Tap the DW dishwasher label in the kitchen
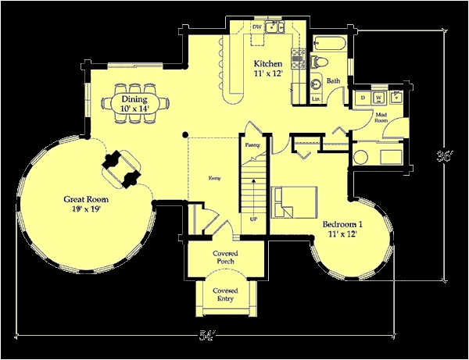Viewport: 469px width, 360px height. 256,27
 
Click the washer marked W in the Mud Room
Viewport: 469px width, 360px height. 379,98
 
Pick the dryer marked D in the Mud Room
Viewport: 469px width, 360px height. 363,98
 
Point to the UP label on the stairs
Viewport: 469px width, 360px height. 253,219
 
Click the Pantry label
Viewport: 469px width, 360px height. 252,145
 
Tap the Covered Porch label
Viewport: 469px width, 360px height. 225,258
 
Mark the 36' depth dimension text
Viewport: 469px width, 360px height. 443,155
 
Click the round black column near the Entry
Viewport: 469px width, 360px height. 186,134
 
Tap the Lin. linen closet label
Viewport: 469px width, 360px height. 316,98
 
